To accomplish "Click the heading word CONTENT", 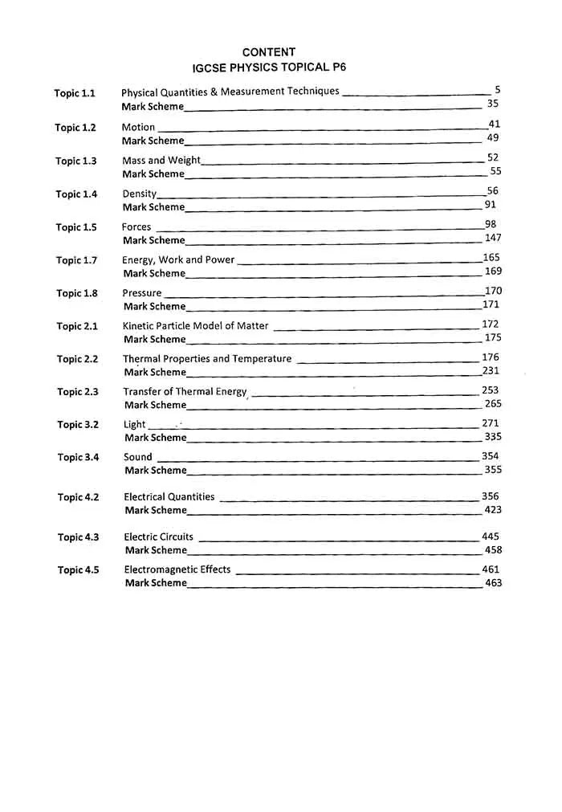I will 268,52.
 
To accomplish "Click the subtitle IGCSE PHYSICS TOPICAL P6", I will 268,67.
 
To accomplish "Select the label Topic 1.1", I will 75,93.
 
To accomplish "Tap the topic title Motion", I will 138,127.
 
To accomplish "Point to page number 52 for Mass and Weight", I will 493,158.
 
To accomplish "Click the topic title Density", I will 139,194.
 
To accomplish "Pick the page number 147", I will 493,238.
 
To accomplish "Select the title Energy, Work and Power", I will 178,259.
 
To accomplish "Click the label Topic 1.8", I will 77,293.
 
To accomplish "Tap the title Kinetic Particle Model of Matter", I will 196,325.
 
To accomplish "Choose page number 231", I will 491,370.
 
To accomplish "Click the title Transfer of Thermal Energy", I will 185,391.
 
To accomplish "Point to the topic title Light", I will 134,424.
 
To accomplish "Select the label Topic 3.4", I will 78,457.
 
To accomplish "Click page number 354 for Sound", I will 491,455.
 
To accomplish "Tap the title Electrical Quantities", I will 169,496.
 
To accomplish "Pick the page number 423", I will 493,509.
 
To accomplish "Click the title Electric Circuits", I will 159,537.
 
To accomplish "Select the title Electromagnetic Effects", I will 177,569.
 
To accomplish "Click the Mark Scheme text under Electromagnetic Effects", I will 156,583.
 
